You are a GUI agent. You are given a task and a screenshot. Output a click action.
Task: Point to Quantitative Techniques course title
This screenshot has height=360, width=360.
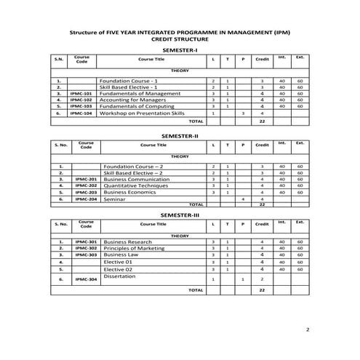click(x=132, y=185)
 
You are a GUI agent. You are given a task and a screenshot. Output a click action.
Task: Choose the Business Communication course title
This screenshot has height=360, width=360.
click(x=135, y=179)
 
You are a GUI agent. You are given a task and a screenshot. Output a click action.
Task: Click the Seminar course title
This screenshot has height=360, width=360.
click(x=114, y=199)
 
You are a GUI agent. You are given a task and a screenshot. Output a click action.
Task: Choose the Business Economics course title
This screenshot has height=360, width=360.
click(x=132, y=193)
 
